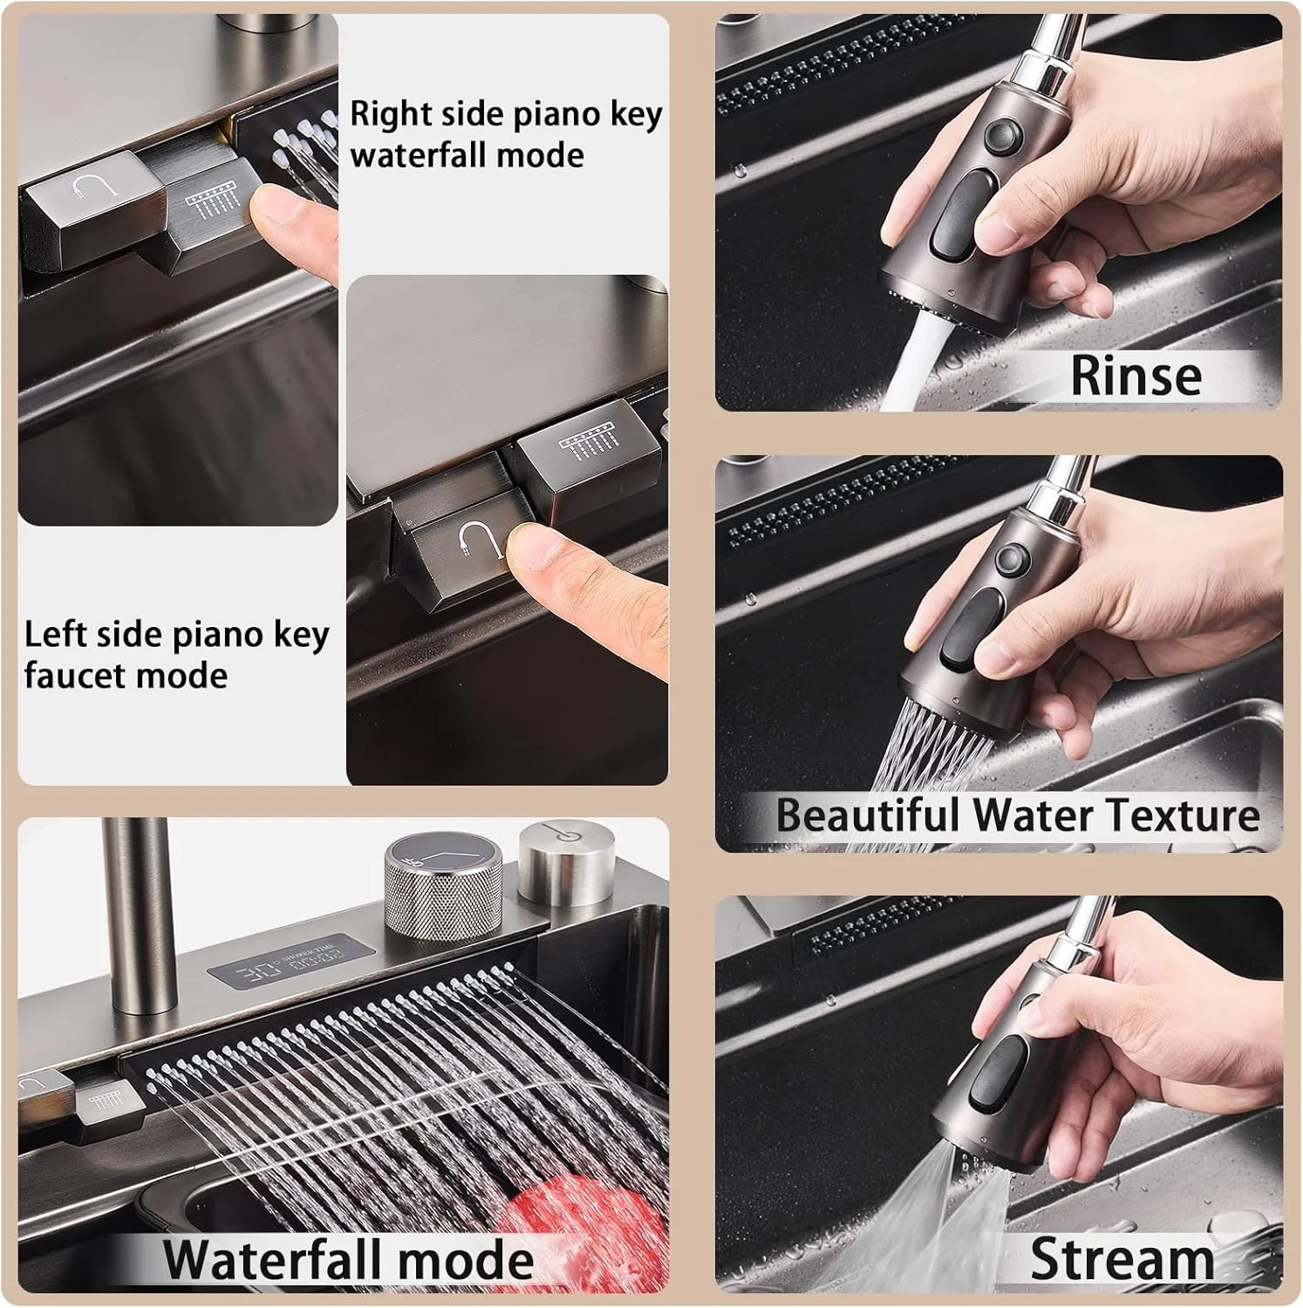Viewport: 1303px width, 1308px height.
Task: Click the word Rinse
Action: pos(1136,375)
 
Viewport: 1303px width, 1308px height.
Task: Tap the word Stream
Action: pos(1122,1259)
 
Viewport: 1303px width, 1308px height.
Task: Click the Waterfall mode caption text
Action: pos(349,1259)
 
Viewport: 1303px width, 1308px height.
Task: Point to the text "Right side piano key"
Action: pos(506,114)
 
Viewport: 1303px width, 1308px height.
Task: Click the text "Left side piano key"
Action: pos(177,635)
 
